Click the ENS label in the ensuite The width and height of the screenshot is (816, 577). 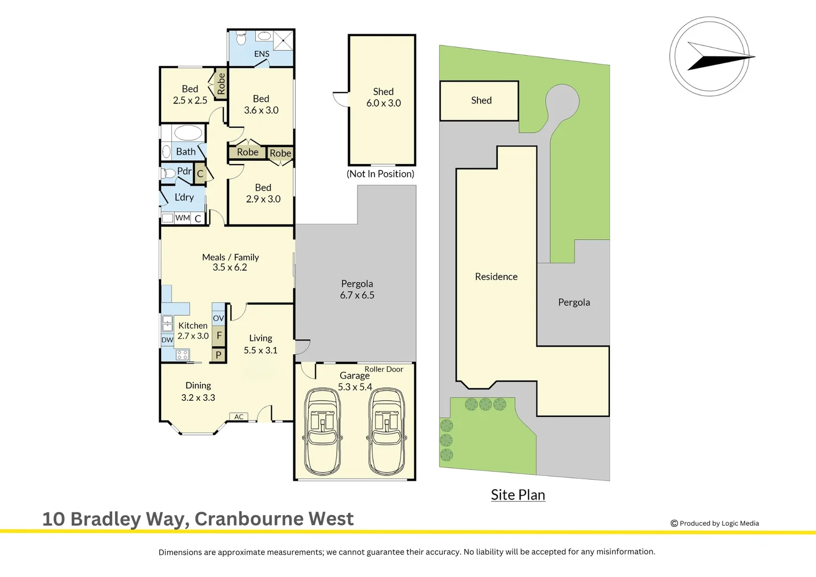click(262, 54)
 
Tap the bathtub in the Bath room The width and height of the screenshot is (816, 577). click(188, 133)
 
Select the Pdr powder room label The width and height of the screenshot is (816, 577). click(184, 171)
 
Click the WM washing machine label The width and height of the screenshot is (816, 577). click(183, 218)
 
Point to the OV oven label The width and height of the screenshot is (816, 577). click(218, 318)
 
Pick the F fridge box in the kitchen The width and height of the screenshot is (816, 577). click(219, 336)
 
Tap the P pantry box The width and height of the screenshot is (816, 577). click(218, 355)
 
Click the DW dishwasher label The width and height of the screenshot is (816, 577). click(167, 340)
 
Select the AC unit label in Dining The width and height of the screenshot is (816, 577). click(239, 417)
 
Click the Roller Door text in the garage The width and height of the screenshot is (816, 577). click(383, 369)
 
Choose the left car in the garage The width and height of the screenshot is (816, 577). click(323, 432)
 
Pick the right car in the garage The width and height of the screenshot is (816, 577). click(387, 432)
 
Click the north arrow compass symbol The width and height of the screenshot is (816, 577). click(710, 57)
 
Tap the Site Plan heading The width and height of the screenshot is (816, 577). click(518, 495)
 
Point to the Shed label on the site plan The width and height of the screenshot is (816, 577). click(481, 100)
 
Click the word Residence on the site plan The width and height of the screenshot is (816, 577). click(496, 277)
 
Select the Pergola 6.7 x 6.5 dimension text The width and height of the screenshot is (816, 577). click(357, 295)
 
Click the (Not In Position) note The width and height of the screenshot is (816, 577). click(380, 174)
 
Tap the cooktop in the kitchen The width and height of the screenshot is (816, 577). click(182, 355)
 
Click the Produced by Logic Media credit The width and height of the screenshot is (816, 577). click(715, 524)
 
